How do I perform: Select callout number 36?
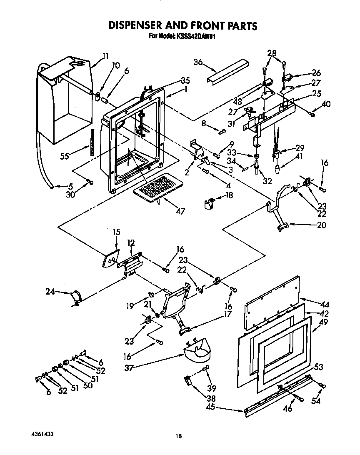tap(198, 62)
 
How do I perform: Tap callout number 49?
tap(323, 322)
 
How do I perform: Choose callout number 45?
tap(211, 407)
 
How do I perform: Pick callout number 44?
tap(323, 305)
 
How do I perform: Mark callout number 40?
tap(326, 104)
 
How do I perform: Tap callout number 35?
tap(185, 81)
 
